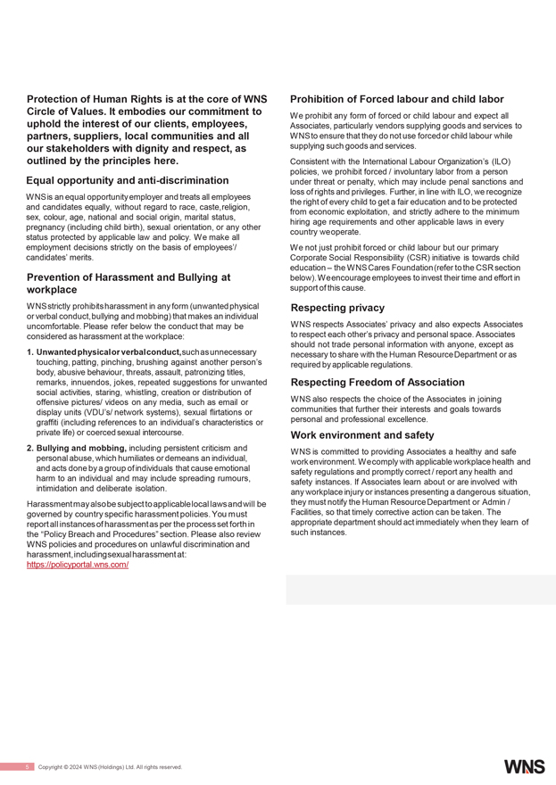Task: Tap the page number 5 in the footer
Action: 28,767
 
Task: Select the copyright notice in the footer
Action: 110,767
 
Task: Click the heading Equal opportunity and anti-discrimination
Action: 128,180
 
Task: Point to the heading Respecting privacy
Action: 337,308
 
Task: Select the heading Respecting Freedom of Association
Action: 378,382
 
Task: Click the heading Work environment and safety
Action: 362,434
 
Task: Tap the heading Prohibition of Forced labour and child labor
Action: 397,99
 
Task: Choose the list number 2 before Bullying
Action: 30,447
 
